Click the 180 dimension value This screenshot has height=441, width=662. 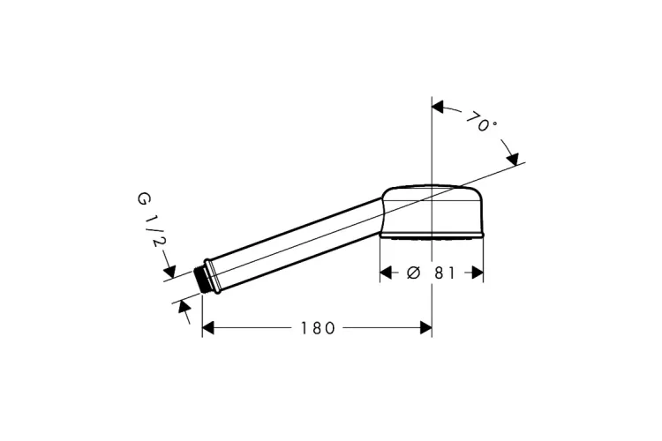[x=318, y=328]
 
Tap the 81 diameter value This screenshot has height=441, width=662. [x=445, y=273]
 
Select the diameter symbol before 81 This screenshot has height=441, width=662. [x=413, y=273]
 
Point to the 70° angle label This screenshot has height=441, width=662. [x=481, y=122]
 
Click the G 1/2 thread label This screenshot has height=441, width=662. [x=152, y=220]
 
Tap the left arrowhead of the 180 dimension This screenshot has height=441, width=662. [x=208, y=328]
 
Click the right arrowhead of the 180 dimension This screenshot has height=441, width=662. [x=425, y=328]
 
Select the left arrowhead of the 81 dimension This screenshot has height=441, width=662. [x=386, y=273]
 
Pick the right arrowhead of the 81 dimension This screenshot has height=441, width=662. [x=478, y=273]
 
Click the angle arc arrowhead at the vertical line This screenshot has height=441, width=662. [x=438, y=108]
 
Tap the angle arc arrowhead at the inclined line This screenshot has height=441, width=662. [x=512, y=160]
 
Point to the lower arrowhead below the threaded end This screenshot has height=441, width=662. [x=184, y=305]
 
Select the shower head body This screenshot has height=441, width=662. [x=432, y=209]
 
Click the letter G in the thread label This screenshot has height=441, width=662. [x=143, y=198]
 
